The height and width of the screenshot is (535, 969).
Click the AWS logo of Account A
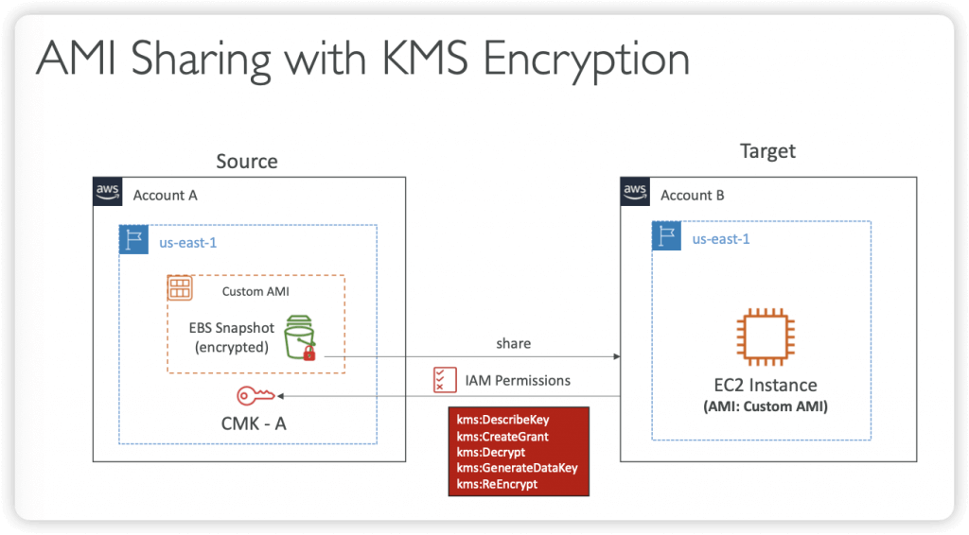point(108,192)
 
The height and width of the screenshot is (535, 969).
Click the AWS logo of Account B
point(635,192)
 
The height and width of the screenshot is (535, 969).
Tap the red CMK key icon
point(255,395)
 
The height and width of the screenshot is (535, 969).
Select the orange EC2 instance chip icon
point(765,337)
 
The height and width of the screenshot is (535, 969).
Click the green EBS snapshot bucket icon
point(300,337)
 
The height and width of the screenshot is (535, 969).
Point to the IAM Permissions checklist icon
point(445,380)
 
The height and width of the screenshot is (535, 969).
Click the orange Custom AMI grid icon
point(180,288)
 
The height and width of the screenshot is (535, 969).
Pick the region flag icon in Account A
point(133,239)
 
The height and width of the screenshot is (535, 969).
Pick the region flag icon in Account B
point(666,235)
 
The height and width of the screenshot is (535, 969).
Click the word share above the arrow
point(513,343)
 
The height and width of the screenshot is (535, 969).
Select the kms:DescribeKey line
point(502,421)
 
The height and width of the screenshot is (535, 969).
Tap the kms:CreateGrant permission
point(502,437)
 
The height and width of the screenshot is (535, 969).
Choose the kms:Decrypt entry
point(491,453)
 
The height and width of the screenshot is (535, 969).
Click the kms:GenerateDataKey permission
point(517,468)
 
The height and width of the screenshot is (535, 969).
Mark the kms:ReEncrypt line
point(497,484)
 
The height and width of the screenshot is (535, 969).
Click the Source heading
point(247,161)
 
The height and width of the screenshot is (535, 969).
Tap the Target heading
point(767,151)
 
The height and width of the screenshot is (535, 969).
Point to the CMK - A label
point(254,423)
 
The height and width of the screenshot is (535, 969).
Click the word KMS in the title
point(425,59)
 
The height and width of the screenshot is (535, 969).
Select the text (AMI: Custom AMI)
point(765,406)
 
